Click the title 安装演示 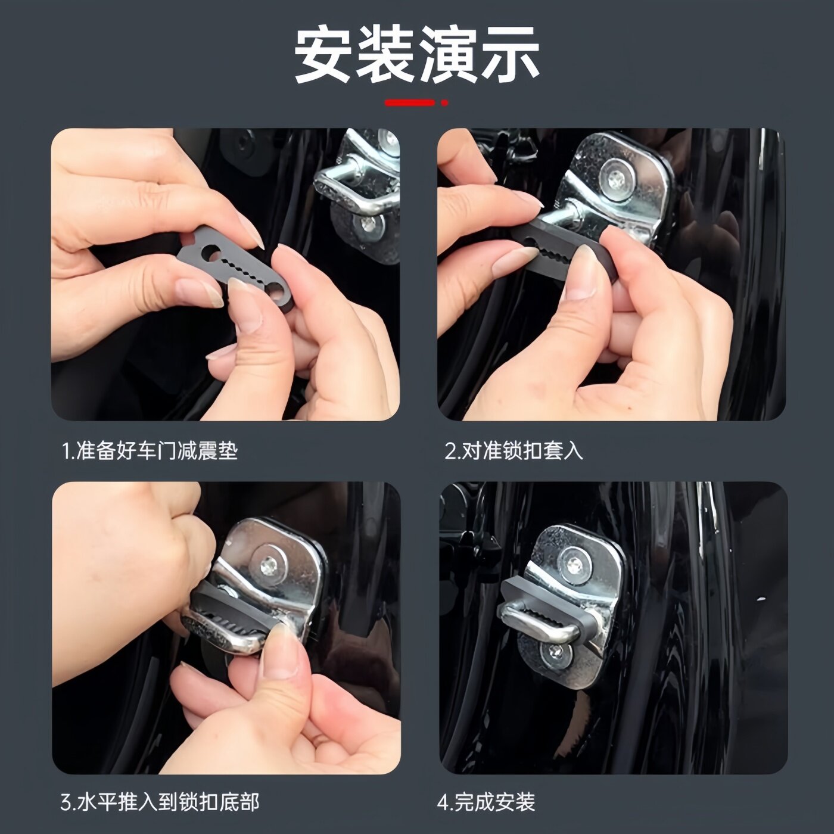(416, 56)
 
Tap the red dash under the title (409, 103)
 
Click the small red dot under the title (444, 103)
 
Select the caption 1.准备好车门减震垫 (150, 450)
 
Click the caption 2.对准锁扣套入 (514, 450)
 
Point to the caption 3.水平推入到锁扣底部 (160, 802)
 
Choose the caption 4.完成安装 (486, 802)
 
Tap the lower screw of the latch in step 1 (370, 225)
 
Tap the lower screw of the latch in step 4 (555, 654)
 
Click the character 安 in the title (322, 56)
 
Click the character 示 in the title (510, 56)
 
